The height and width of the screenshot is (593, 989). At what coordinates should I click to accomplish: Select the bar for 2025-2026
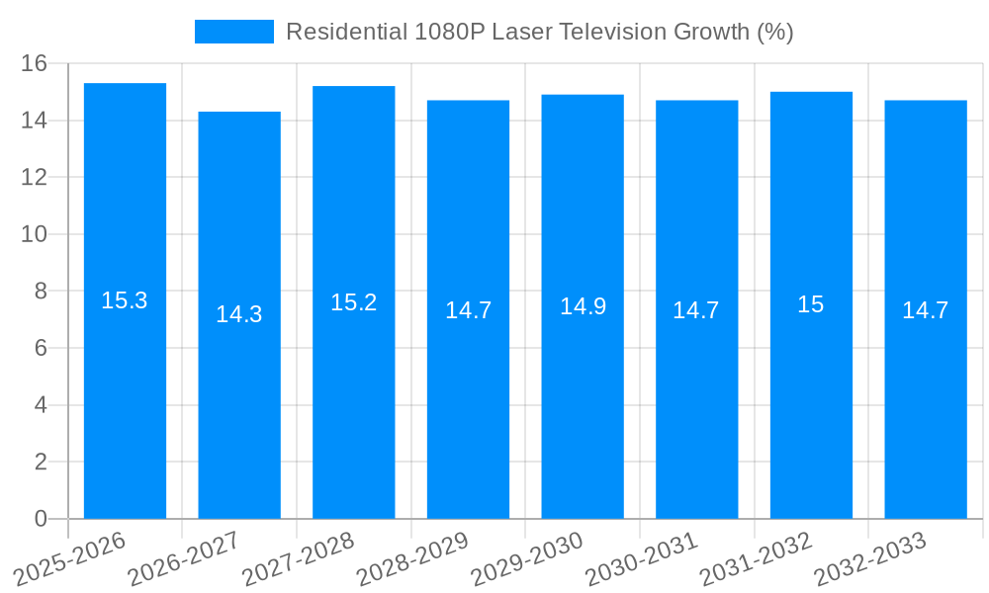point(125,395)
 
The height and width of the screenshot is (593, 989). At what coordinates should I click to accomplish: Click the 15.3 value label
point(125,300)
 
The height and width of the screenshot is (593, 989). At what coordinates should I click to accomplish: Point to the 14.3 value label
point(239,314)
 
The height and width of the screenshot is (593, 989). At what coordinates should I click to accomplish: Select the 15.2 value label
point(354,302)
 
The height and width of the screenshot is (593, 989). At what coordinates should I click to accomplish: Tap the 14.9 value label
point(583,306)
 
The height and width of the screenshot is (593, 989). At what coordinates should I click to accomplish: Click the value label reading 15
point(811,304)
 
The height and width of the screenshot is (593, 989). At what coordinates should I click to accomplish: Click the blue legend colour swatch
point(234,32)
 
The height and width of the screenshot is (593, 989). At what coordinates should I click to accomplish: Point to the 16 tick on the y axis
point(35,63)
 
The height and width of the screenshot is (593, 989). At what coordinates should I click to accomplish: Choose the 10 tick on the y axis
point(35,234)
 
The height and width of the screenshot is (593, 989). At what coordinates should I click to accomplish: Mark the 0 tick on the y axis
point(41,519)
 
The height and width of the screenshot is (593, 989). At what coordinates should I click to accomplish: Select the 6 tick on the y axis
point(41,348)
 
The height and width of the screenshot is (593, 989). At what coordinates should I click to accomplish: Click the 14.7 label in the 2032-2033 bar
point(926,310)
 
